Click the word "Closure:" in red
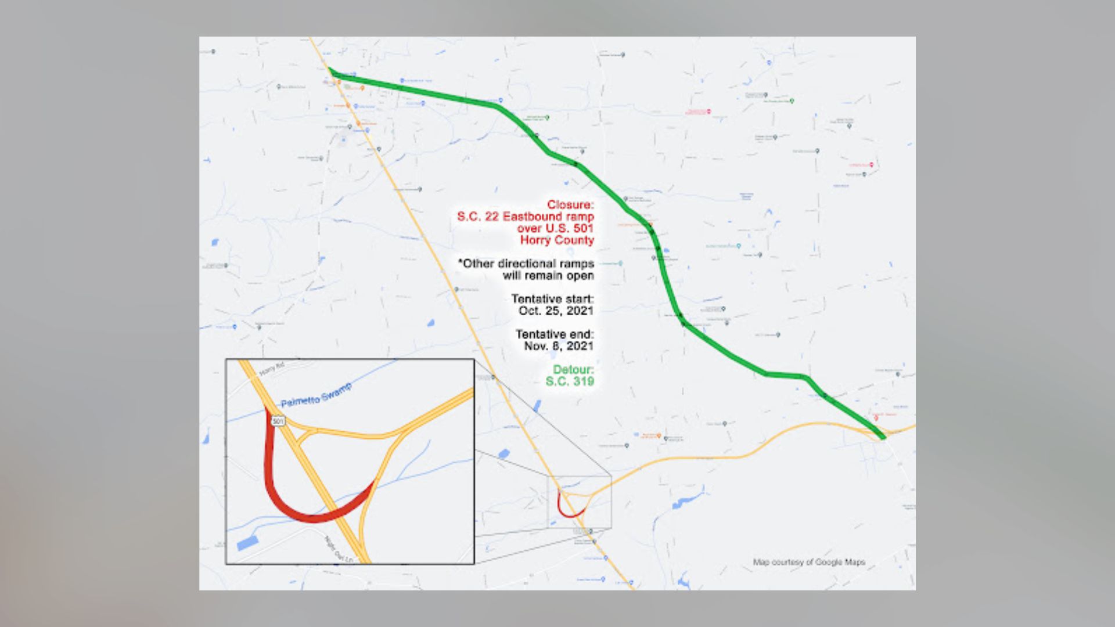570,205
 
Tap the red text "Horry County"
557,240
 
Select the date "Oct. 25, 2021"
556,311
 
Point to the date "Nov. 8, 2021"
559,346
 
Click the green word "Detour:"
573,370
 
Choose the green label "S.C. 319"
570,381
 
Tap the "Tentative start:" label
552,299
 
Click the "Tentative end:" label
555,334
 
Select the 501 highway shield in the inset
279,420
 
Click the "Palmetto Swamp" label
316,395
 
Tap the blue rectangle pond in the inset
247,543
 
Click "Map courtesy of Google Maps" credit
809,562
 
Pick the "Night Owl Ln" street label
339,549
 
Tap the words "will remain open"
548,276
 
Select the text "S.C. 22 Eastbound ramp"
525,217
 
